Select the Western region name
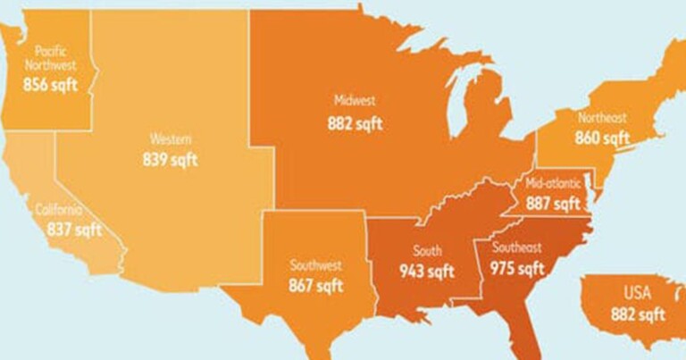coord(170,139)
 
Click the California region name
coord(60,210)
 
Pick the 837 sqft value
coord(75,230)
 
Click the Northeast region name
coord(602,118)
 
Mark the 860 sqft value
coord(602,138)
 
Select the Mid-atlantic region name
coord(553,183)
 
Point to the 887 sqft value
coord(553,204)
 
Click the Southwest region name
coord(315,265)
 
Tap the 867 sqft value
coord(315,286)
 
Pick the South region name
coord(427,251)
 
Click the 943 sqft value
coord(427,271)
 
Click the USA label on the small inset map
coord(637,293)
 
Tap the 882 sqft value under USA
coord(638,314)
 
